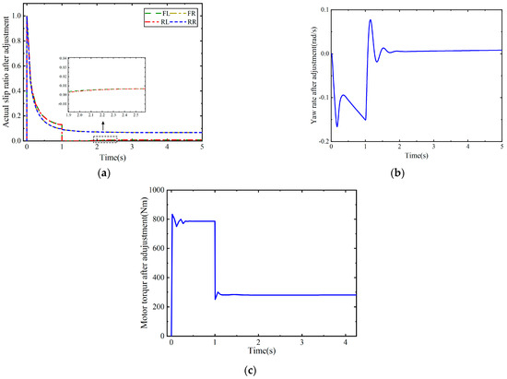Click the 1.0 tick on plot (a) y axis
point(18,18)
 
